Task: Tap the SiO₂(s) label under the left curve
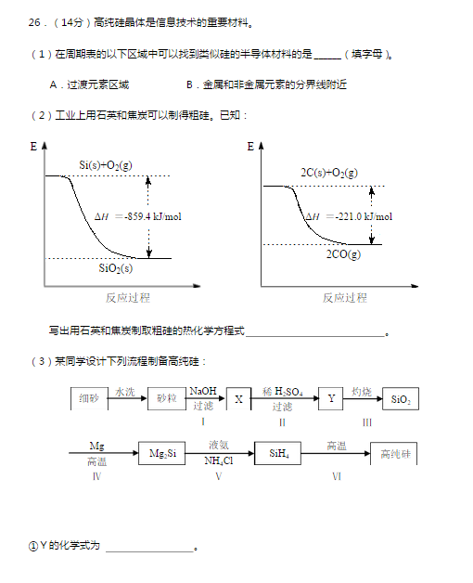pos(116,268)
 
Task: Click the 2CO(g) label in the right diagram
pos(343,254)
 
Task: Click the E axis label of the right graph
pos(251,147)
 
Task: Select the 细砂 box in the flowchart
pos(89,398)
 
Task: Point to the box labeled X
pos(238,398)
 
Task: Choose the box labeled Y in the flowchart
pos(330,398)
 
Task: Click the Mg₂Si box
pos(162,454)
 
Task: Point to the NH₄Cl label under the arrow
pos(219,461)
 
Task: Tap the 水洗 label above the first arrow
pos(125,392)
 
